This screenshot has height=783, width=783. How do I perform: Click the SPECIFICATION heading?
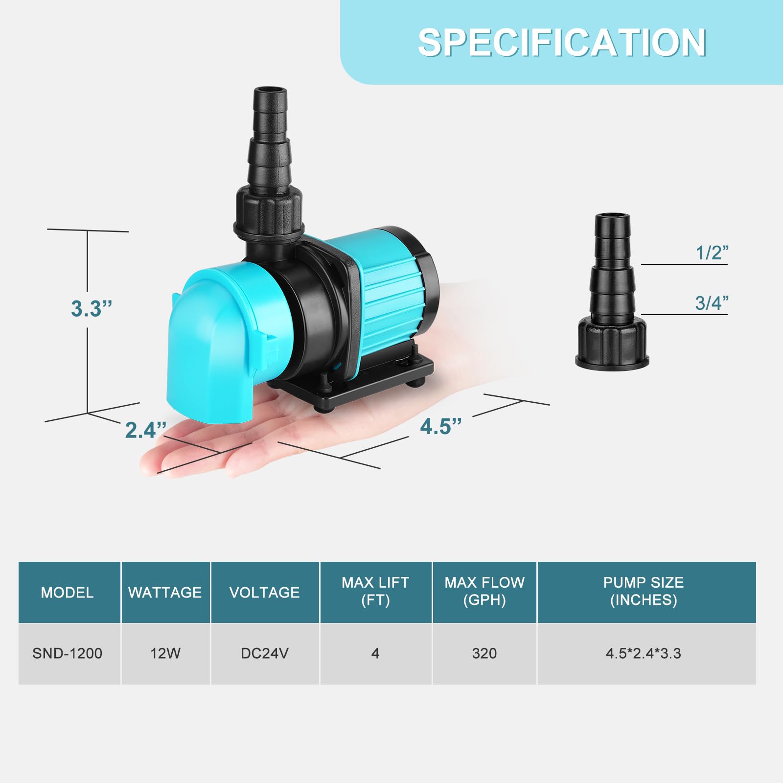pos(561,43)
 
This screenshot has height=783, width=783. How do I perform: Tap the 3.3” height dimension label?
pos(92,309)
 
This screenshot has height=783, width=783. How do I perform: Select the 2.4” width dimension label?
pos(145,430)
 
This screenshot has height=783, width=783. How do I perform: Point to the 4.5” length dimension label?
pos(440,426)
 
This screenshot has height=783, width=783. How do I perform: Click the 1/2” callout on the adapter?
pos(712,253)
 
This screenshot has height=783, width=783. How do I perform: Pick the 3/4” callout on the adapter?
pos(712,303)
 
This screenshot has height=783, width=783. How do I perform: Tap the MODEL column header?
pos(67,593)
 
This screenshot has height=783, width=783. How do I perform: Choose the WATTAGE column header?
pos(165,593)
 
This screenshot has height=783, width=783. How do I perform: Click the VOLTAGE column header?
pos(264,593)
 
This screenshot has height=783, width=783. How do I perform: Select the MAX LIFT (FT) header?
pos(375,591)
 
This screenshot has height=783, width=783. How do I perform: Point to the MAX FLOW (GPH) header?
pos(484,591)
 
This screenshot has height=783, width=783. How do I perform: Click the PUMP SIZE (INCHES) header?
pos(643,591)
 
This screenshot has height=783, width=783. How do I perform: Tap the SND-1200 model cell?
pos(67,653)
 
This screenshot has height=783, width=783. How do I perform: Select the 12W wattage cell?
pos(165,653)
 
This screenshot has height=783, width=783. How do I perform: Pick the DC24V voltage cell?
pos(264,653)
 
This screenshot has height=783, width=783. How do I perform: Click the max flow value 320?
pos(484,653)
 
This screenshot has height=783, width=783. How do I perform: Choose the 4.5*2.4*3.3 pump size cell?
pos(643,653)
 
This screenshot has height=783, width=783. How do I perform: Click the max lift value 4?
pos(375,653)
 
